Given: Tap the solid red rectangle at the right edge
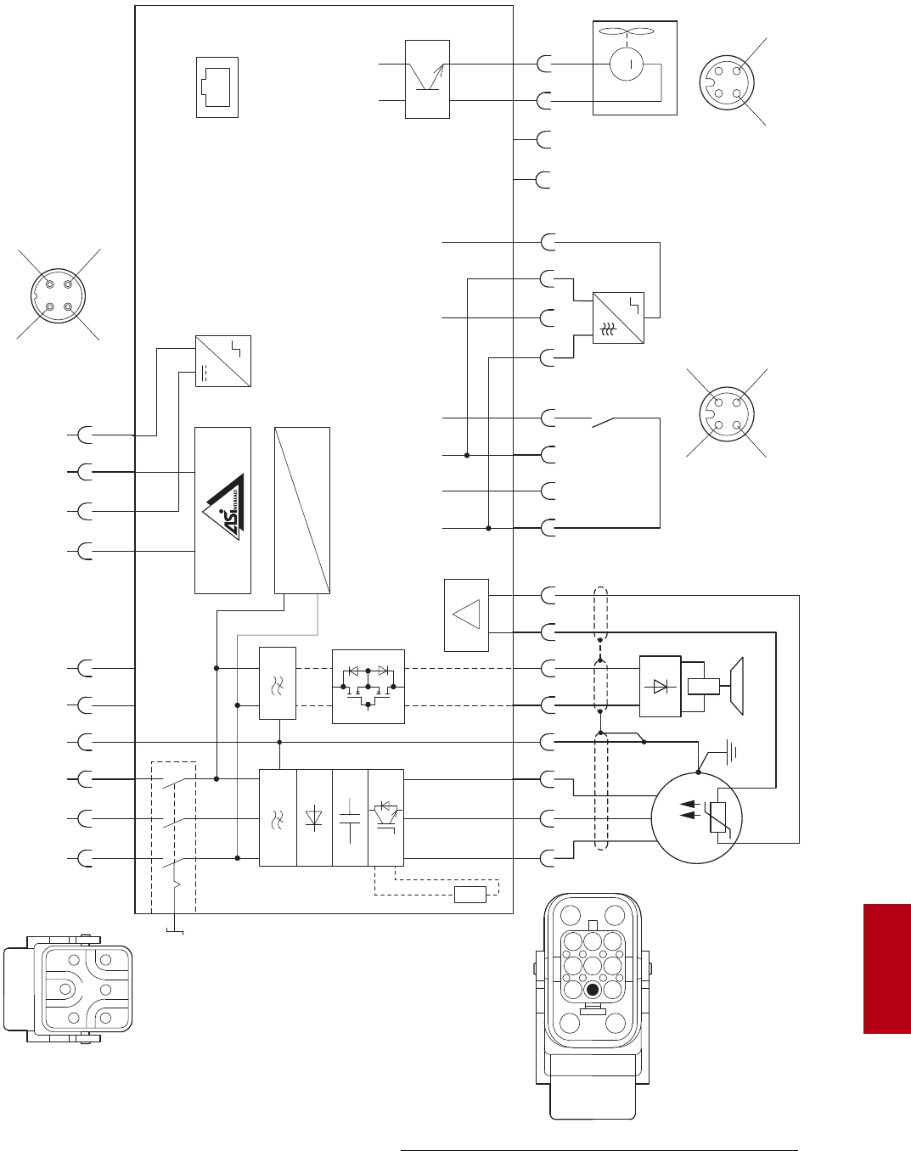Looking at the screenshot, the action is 886,969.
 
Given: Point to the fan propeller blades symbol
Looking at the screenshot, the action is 627,32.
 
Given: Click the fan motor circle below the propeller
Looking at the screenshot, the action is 627,65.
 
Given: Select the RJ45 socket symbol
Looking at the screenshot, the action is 217,87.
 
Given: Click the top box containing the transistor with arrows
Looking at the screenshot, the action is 427,79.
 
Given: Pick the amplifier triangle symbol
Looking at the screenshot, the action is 467,615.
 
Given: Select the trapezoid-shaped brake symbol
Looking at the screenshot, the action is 736,686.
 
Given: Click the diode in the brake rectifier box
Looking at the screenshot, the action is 660,686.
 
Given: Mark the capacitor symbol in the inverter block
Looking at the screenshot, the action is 349,818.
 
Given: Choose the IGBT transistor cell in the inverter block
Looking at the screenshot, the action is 386,817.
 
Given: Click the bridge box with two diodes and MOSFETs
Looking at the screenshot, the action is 368,687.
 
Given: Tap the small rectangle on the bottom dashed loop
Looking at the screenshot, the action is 470,894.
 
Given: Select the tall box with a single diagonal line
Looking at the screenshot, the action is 302,510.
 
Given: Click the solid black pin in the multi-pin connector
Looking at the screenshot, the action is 593,990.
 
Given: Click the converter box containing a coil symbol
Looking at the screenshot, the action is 618,318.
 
